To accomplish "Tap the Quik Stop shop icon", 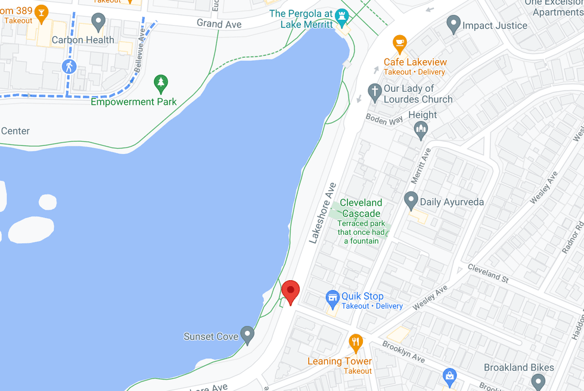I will [332, 297].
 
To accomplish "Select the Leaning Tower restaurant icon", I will [356, 342].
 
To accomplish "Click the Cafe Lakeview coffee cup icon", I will [399, 43].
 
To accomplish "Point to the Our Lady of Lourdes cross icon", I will [374, 91].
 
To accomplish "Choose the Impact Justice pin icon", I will [453, 24].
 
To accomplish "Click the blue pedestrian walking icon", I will [69, 66].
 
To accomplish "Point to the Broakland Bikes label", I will [518, 368].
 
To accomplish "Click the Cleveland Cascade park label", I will [361, 208].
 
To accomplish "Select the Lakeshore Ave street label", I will [322, 212].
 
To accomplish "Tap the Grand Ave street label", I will [219, 24].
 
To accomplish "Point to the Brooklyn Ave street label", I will [403, 352].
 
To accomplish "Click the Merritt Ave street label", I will [420, 165].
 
